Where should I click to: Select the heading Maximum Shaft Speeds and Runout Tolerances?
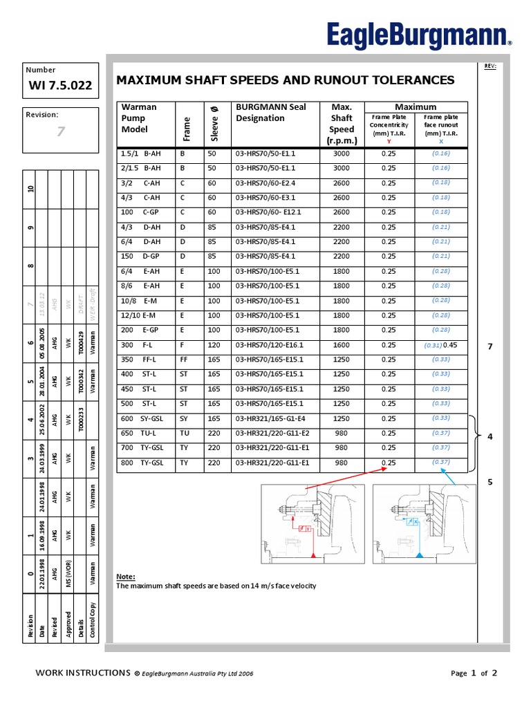(286, 80)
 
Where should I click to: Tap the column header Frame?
(186, 124)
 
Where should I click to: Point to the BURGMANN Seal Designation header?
(271, 113)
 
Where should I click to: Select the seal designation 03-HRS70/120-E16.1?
(270, 345)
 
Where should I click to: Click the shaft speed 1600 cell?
(342, 345)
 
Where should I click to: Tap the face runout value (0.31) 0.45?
(441, 345)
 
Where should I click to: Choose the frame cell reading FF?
(184, 360)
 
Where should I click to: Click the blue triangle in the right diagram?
(419, 555)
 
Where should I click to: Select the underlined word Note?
(125, 577)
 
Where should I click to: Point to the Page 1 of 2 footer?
(474, 673)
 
